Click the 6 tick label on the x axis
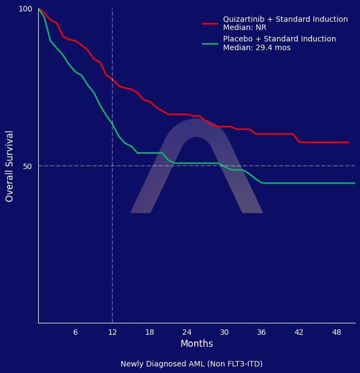coord(75,332)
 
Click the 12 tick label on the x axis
coord(112,332)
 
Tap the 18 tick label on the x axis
coord(149,332)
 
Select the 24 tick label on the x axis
coord(187,332)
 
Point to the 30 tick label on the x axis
coord(224,332)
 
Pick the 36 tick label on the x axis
coord(261,332)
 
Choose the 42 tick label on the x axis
coord(298,332)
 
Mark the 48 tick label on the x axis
coord(336,332)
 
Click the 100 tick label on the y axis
coord(26,9)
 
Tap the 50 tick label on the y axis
coord(28,166)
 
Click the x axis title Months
coord(196,344)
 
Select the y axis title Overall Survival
coord(9,166)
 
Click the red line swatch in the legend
coord(210,23)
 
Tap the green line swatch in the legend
coord(210,43)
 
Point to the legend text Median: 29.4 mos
coord(256,48)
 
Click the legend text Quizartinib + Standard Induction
coord(285,19)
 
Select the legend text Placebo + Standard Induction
coord(279,39)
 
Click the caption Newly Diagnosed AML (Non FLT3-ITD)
coord(191,364)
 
